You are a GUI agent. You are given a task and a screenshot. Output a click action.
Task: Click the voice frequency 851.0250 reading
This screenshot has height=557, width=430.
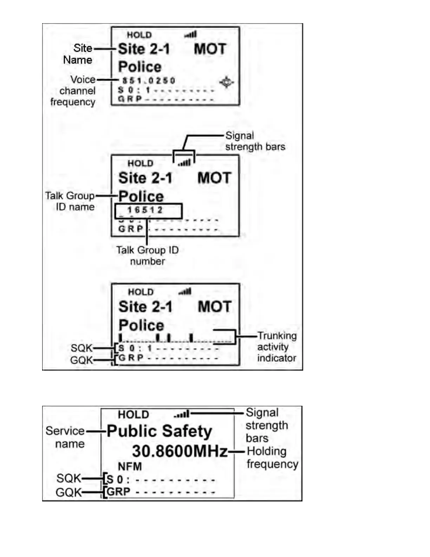[149, 81]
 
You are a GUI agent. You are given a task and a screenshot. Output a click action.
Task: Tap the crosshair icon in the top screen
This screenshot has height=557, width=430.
[226, 82]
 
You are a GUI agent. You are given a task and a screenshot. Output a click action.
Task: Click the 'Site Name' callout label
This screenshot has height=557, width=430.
[78, 54]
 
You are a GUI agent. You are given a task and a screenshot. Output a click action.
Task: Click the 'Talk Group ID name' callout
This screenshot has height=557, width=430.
[70, 201]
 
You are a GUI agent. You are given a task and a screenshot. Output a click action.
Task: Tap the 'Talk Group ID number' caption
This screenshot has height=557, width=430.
[148, 256]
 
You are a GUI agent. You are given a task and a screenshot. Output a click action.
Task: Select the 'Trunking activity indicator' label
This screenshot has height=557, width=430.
[276, 347]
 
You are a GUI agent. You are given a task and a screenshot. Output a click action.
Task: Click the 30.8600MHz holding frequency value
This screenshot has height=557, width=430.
[180, 451]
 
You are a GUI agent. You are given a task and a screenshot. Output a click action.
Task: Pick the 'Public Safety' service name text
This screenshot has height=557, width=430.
[159, 431]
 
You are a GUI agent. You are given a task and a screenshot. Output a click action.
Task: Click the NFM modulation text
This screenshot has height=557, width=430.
[130, 467]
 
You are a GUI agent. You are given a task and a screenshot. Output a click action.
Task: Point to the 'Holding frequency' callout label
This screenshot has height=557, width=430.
[272, 457]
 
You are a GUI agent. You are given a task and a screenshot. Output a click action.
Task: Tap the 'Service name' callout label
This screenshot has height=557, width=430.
[66, 437]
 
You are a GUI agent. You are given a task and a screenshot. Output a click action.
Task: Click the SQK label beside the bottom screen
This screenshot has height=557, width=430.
[69, 478]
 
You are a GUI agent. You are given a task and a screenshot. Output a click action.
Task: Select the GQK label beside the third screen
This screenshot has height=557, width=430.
[82, 360]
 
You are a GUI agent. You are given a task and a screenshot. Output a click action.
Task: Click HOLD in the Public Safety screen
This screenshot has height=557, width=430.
[133, 415]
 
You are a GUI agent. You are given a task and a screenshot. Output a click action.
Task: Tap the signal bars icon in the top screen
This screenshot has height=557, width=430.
[190, 34]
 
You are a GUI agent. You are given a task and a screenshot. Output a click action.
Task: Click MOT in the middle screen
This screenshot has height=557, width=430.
[214, 178]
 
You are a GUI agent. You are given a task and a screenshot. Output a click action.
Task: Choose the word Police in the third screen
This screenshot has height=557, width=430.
[141, 325]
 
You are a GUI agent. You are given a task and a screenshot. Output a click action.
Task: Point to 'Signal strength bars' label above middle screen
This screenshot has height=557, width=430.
[255, 141]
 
